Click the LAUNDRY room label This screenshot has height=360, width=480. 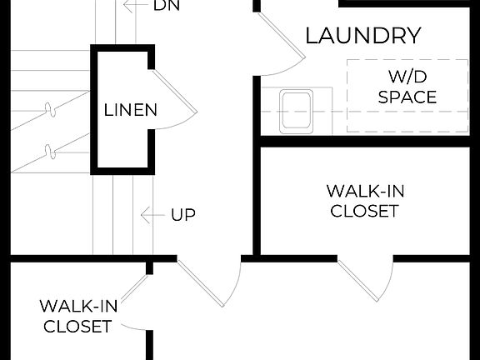tap(362, 36)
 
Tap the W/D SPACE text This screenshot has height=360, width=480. tap(407, 87)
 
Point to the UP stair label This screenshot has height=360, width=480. tap(183, 215)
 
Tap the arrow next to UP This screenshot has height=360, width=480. tap(151, 215)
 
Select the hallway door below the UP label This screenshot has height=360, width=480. tap(208, 283)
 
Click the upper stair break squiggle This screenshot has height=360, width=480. tap(51, 109)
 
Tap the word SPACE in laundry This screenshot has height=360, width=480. tap(407, 97)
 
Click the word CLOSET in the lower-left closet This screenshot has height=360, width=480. tap(77, 325)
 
